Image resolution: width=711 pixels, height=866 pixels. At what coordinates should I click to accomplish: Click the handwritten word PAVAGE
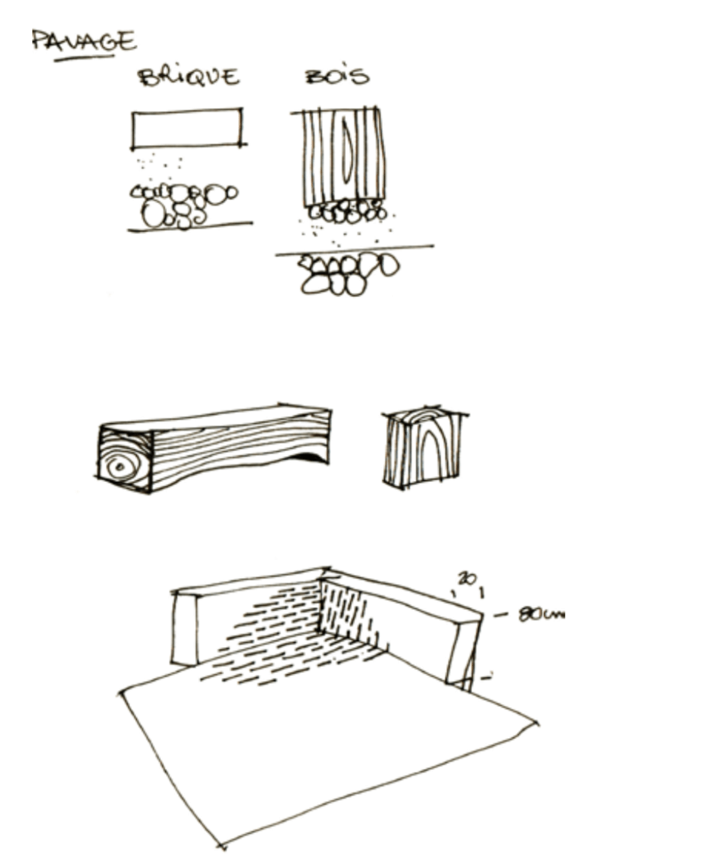click(x=84, y=41)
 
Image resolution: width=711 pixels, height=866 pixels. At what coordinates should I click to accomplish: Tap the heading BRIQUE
click(x=188, y=76)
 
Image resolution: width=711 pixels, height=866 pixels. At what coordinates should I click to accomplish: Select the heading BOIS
click(x=338, y=76)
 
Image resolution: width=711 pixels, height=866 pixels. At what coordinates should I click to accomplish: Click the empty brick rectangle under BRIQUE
click(x=188, y=129)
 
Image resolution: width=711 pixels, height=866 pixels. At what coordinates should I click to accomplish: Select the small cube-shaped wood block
click(x=425, y=447)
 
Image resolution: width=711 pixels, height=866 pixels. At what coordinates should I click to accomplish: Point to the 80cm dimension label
click(x=542, y=613)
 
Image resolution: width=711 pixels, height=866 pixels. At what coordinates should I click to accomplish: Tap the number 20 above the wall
click(x=467, y=578)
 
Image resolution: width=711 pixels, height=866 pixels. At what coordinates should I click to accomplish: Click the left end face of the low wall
click(x=185, y=629)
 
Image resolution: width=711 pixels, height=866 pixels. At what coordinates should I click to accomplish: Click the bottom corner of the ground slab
click(x=222, y=846)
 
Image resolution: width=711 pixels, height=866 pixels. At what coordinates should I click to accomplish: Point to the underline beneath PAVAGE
click(x=84, y=58)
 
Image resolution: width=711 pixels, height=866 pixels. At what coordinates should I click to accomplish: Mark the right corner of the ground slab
click(x=537, y=721)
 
